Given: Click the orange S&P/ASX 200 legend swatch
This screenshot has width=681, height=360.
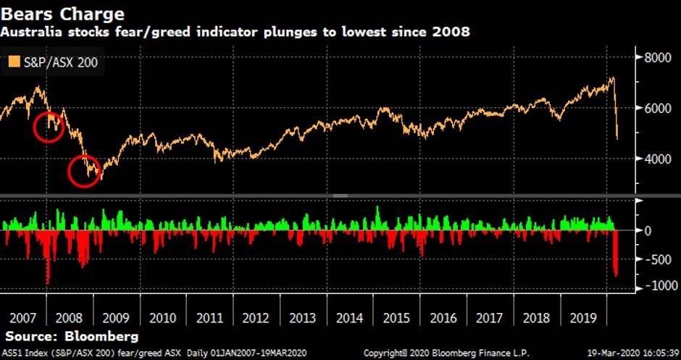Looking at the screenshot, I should tap(13, 62).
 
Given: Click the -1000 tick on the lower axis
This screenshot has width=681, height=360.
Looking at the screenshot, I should tap(659, 286).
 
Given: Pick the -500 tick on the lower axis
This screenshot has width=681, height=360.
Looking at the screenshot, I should tap(657, 259).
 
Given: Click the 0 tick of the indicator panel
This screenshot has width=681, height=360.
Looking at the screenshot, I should tap(648, 231).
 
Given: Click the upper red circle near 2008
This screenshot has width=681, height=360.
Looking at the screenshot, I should tap(49, 127).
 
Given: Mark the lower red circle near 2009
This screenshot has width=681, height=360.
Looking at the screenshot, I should tap(83, 172).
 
